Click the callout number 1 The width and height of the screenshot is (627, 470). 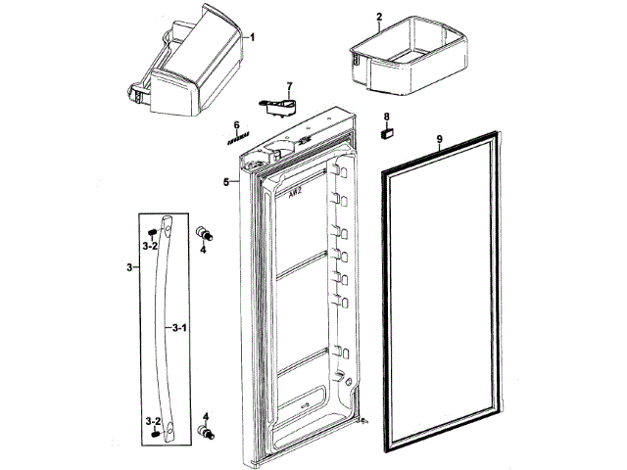pyautogui.click(x=252, y=36)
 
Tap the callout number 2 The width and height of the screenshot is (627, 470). pyautogui.click(x=379, y=17)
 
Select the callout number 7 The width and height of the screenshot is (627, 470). pyautogui.click(x=289, y=87)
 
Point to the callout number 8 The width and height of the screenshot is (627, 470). pyautogui.click(x=386, y=117)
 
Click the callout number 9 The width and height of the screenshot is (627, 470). pyautogui.click(x=439, y=140)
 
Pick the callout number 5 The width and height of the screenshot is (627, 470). pyautogui.click(x=225, y=182)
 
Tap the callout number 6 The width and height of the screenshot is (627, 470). pyautogui.click(x=236, y=124)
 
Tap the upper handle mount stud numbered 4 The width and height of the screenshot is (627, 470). pyautogui.click(x=205, y=233)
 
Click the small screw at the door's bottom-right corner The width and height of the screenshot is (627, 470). pyautogui.click(x=362, y=422)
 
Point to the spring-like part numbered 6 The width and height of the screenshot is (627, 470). pyautogui.click(x=235, y=140)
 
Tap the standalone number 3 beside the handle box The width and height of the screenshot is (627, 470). pyautogui.click(x=130, y=266)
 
